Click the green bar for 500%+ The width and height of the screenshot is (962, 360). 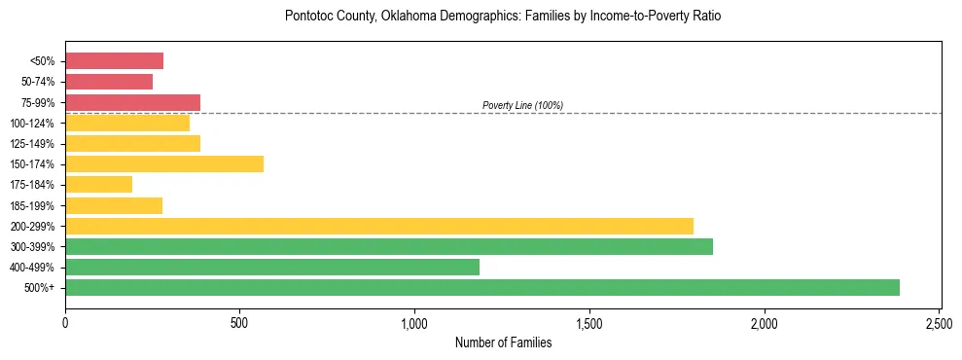pyautogui.click(x=481, y=287)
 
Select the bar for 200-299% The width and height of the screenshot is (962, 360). pyautogui.click(x=378, y=226)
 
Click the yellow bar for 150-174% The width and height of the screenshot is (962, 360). pyautogui.click(x=163, y=163)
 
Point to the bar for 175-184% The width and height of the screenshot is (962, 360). pyautogui.click(x=98, y=184)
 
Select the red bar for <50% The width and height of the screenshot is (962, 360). pyautogui.click(x=114, y=60)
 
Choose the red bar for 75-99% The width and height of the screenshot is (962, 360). pyautogui.click(x=132, y=102)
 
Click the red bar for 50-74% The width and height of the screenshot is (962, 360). pyautogui.click(x=109, y=82)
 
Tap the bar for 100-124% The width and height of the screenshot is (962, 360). pyautogui.click(x=127, y=123)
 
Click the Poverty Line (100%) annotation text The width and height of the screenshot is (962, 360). pyautogui.click(x=522, y=105)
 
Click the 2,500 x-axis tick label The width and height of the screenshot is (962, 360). pyautogui.click(x=939, y=323)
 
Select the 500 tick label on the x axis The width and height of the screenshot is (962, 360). pyautogui.click(x=239, y=323)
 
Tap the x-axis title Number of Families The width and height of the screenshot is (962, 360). pyautogui.click(x=503, y=342)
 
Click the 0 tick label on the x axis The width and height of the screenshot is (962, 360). pyautogui.click(x=65, y=323)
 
